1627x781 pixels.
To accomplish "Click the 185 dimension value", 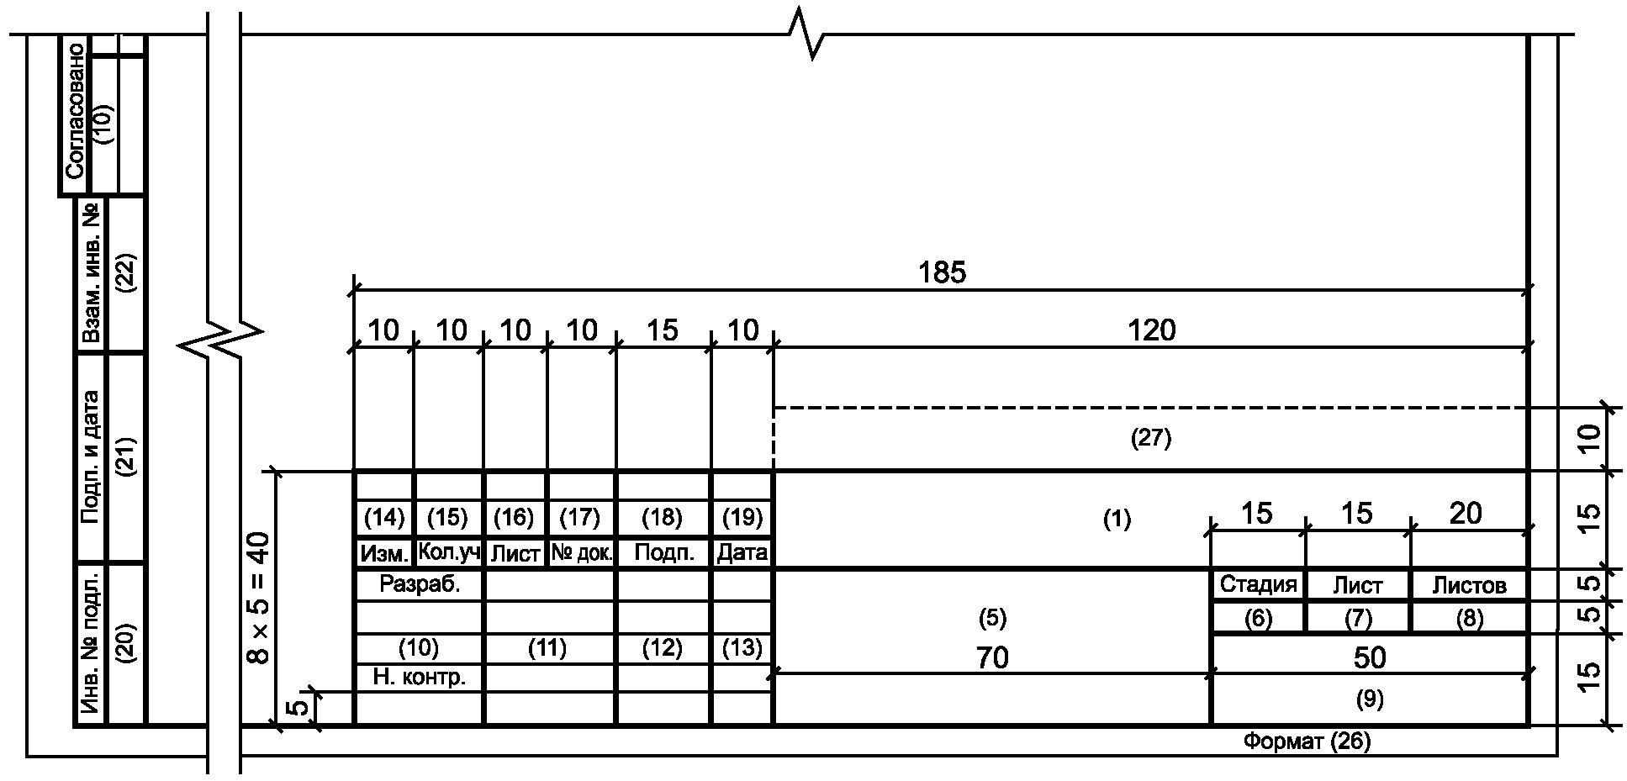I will tap(943, 272).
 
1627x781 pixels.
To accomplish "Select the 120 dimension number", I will tap(1151, 330).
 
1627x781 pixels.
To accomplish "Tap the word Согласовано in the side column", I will tap(74, 110).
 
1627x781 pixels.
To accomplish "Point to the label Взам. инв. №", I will tap(91, 274).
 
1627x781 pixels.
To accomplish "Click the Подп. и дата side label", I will tap(91, 456).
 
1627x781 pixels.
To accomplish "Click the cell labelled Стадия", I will tap(1258, 584).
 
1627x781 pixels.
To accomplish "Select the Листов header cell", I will tap(1469, 585).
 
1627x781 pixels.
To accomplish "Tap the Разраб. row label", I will tap(420, 584).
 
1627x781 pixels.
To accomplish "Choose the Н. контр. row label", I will tap(419, 678).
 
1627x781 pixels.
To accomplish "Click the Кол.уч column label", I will tap(448, 553).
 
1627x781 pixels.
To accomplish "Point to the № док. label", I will tap(582, 553).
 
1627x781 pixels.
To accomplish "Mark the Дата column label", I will tap(742, 553).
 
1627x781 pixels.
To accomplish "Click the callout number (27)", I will tap(1151, 438).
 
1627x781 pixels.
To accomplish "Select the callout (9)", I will tap(1370, 699).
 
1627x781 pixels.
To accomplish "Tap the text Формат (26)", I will tap(1307, 741).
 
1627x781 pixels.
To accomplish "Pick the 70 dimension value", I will tap(992, 657).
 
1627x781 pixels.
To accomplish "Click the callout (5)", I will tap(992, 619).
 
